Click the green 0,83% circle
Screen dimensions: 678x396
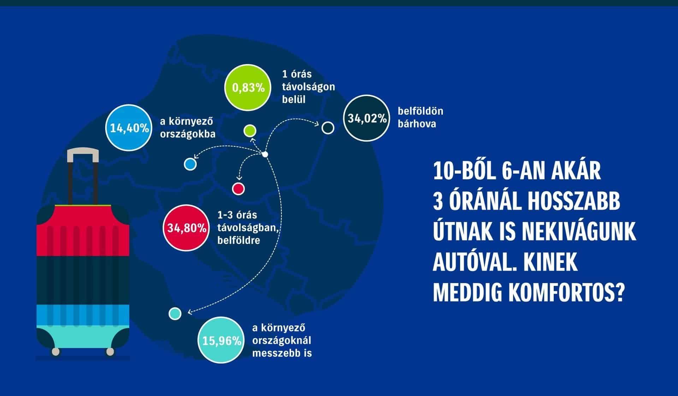tap(248, 87)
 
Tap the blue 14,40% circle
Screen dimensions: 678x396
tap(129, 127)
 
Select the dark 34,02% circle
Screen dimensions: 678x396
tap(367, 118)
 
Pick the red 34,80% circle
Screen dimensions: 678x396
tap(186, 228)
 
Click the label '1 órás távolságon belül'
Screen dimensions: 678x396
tap(308, 87)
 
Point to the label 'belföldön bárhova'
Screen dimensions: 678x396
tap(420, 118)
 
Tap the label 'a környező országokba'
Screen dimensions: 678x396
tap(188, 128)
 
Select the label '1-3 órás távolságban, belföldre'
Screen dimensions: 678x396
tap(248, 228)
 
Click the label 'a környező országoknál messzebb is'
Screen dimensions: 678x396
tap(282, 341)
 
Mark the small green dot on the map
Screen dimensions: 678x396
tap(250, 131)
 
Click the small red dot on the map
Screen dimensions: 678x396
tap(238, 188)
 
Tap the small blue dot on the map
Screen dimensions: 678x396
tap(190, 164)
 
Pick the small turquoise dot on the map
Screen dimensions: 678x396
tap(175, 313)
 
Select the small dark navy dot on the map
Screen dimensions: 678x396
tap(328, 128)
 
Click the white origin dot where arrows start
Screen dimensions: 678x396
tap(265, 154)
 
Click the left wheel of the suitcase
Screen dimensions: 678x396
tap(55, 352)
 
